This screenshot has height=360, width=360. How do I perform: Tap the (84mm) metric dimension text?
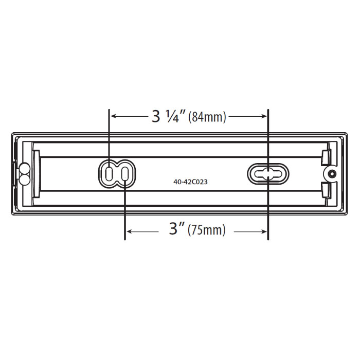(207, 117)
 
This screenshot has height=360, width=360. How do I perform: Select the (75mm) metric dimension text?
(207, 230)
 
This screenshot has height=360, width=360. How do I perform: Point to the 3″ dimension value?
(176, 230)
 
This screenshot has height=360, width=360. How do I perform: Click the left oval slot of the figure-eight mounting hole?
(109, 173)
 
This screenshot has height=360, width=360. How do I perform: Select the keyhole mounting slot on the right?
(268, 173)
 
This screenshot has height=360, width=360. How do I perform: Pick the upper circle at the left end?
(24, 168)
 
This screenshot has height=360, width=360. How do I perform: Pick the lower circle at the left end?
(24, 178)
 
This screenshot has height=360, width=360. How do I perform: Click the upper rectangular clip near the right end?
(326, 156)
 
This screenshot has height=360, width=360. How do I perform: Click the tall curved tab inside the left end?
(37, 173)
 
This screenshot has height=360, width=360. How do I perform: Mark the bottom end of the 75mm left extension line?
(125, 239)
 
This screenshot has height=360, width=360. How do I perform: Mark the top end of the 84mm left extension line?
(109, 109)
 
